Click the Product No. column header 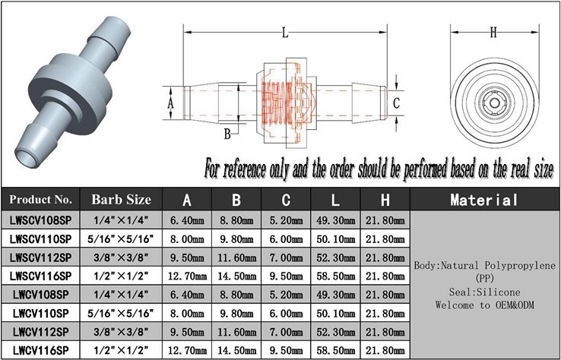click(x=40, y=200)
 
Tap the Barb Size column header click(x=121, y=200)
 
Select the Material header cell click(x=484, y=200)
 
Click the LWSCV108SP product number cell click(x=40, y=220)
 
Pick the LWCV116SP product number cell click(x=40, y=349)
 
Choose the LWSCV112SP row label click(x=40, y=257)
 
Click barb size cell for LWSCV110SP click(x=121, y=238)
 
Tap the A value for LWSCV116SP click(x=187, y=276)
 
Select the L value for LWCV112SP click(x=335, y=332)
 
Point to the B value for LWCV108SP click(x=236, y=295)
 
